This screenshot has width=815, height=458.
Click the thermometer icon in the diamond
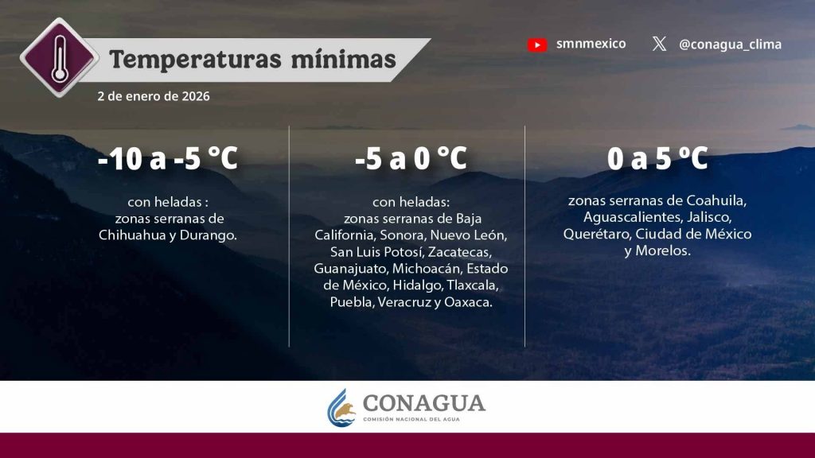(60, 58)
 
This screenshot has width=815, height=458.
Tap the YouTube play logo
(537, 45)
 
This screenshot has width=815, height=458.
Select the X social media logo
(659, 44)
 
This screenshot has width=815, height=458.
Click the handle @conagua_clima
(730, 45)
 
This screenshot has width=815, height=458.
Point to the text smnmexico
(591, 44)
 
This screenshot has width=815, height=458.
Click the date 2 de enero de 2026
(154, 96)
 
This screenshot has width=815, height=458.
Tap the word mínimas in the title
(343, 59)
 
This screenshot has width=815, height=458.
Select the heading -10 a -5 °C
(167, 158)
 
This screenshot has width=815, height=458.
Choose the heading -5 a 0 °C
(411, 158)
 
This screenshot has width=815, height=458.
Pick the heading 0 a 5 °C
(657, 158)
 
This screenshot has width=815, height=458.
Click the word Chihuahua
(133, 235)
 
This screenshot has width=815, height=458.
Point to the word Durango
(208, 235)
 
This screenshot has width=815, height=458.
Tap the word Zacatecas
(459, 252)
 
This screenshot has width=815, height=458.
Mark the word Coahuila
(717, 200)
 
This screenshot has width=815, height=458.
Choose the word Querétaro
(597, 235)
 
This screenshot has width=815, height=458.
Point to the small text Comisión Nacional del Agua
(411, 419)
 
